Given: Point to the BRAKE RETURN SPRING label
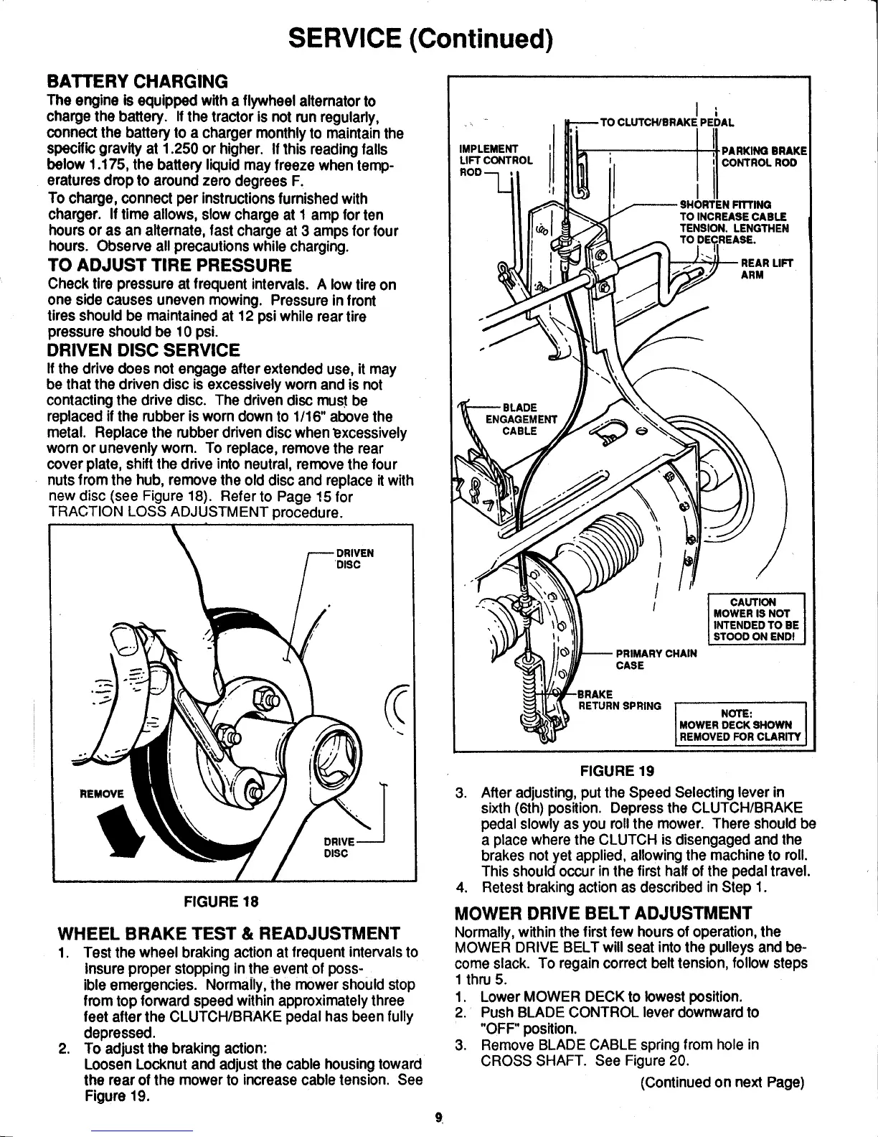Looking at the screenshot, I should (x=618, y=700).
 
